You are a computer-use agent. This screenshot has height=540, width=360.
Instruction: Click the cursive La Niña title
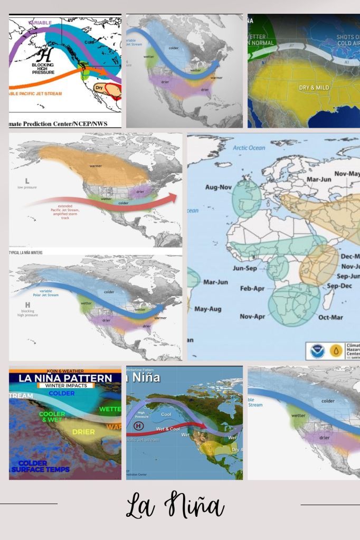[x=175, y=506]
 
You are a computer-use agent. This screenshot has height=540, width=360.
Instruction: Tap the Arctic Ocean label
[x=249, y=148]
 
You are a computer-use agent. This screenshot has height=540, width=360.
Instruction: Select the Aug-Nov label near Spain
[x=219, y=187]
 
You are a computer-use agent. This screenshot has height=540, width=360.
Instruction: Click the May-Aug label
[x=207, y=309]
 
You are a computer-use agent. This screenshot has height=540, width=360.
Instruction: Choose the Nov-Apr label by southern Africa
[x=252, y=317]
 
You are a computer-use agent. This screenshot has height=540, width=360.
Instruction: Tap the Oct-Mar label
[x=330, y=317]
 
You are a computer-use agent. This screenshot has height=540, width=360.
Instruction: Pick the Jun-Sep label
[x=245, y=268]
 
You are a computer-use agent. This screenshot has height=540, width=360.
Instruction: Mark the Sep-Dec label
[x=339, y=286]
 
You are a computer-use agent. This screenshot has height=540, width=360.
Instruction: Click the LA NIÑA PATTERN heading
[x=65, y=378]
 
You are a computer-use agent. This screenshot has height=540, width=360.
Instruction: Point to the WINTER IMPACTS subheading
[x=66, y=386]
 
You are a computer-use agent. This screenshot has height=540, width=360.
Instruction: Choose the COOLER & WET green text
[x=52, y=417]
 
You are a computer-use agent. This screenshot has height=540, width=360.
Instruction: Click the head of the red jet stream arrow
[x=173, y=198]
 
